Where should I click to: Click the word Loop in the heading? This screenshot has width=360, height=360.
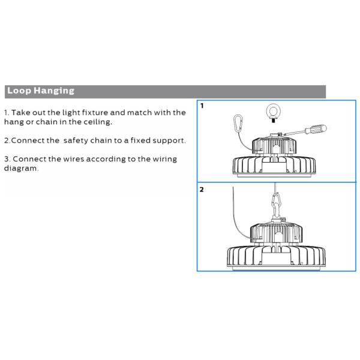coord(19,91)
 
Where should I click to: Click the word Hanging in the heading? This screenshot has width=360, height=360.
coord(54,91)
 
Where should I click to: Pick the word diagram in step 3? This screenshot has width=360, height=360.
coord(21,168)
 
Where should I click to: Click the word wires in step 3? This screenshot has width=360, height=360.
coord(73,159)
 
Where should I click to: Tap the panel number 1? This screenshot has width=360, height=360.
coord(202,106)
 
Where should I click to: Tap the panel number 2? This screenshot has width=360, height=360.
coord(202,190)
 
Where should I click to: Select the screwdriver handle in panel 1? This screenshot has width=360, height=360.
coord(316,129)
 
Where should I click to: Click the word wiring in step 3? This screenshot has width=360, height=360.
coord(165,159)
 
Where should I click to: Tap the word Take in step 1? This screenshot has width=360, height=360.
coord(20,113)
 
